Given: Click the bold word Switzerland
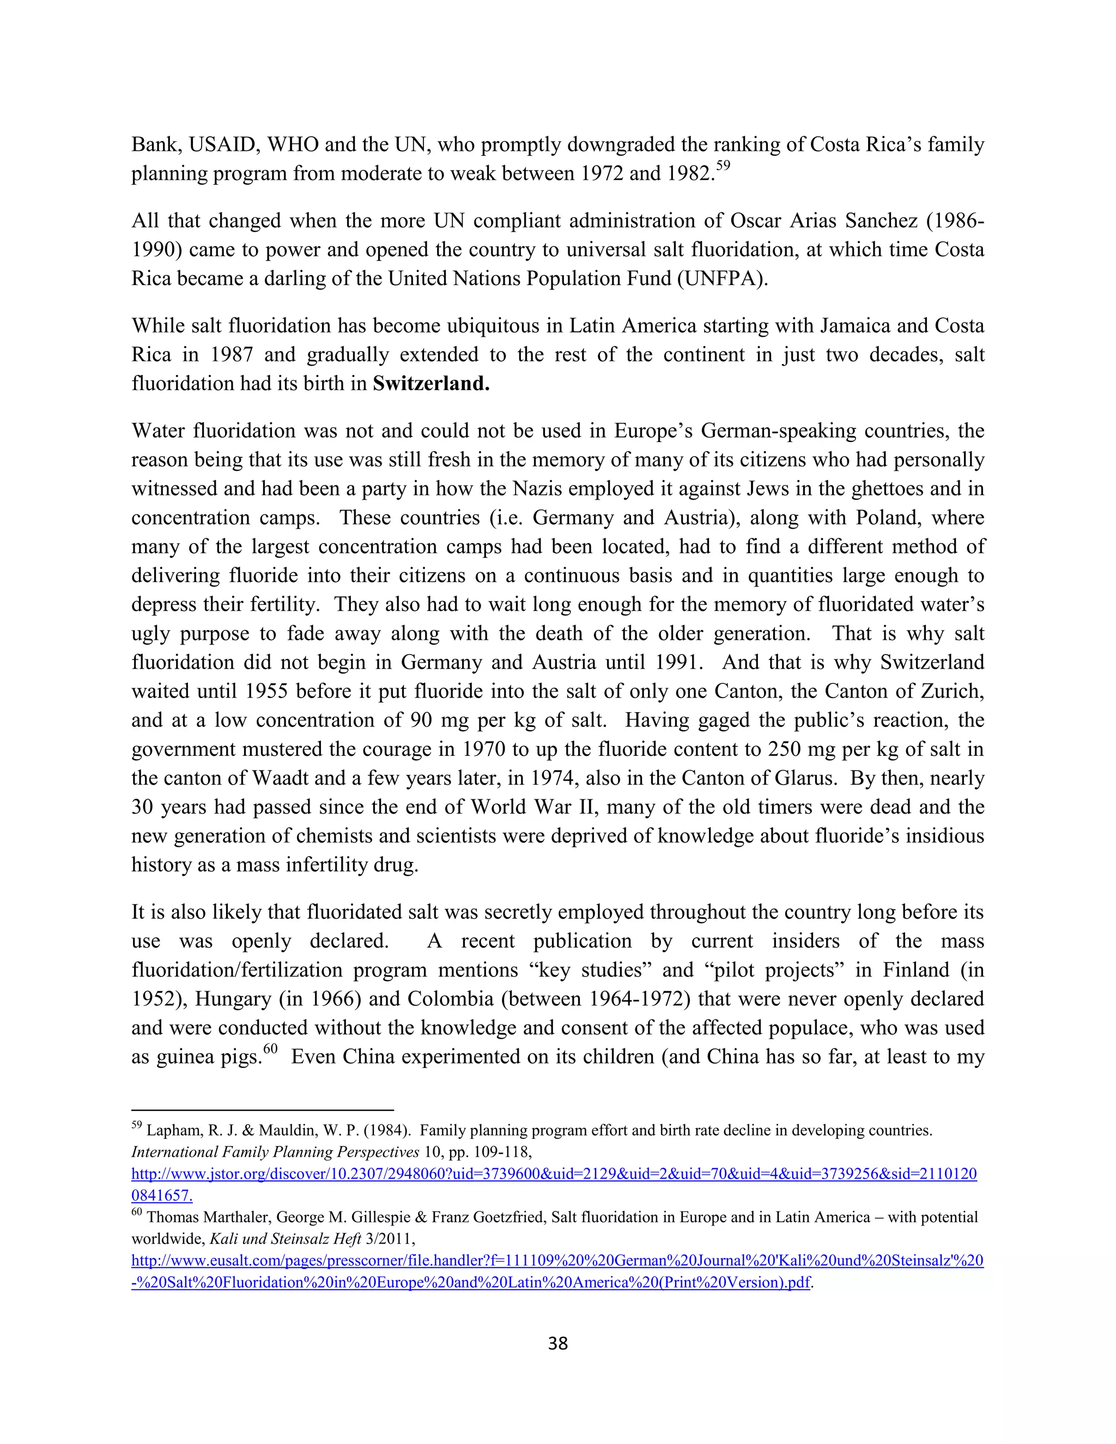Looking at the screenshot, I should tap(430, 384).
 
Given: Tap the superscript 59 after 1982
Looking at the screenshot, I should tap(723, 165).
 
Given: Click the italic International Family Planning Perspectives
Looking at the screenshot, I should tap(275, 1152).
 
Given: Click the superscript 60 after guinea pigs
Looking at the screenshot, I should tap(270, 1048).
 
